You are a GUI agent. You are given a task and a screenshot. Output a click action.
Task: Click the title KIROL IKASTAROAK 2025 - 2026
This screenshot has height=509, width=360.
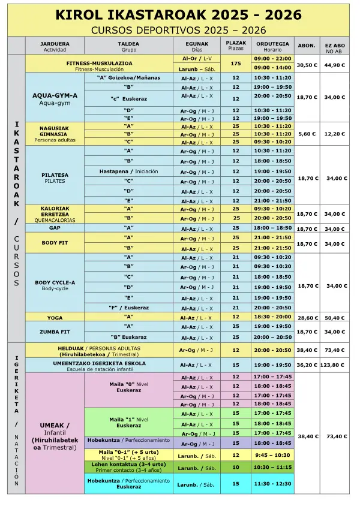(178, 15)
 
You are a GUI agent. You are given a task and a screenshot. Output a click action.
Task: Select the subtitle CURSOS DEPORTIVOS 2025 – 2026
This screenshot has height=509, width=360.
(178, 29)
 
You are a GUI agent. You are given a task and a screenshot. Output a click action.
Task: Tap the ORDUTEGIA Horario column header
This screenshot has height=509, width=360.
(273, 46)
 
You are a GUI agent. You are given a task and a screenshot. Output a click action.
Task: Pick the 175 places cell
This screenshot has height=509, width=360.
(236, 64)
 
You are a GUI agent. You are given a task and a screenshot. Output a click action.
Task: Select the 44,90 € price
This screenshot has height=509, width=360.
(335, 65)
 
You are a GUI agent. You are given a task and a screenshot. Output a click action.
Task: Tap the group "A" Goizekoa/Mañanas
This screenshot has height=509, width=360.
(128, 78)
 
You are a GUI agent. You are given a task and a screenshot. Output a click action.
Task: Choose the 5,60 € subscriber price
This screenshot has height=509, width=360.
(307, 134)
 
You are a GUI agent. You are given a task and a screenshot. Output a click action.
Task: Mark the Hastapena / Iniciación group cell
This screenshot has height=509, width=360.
(128, 171)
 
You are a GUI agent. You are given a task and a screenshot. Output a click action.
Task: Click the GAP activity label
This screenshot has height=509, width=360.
(55, 228)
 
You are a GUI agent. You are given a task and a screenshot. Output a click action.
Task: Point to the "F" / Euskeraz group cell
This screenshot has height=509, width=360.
(128, 308)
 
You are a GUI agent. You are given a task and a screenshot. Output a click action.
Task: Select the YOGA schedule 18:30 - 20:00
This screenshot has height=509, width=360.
(273, 317)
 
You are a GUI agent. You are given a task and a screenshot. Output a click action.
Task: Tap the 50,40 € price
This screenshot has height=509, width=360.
(335, 318)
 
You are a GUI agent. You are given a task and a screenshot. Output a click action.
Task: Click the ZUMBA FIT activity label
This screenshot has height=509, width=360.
(55, 331)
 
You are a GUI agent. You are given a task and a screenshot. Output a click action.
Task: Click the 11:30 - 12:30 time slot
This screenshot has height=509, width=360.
(273, 483)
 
